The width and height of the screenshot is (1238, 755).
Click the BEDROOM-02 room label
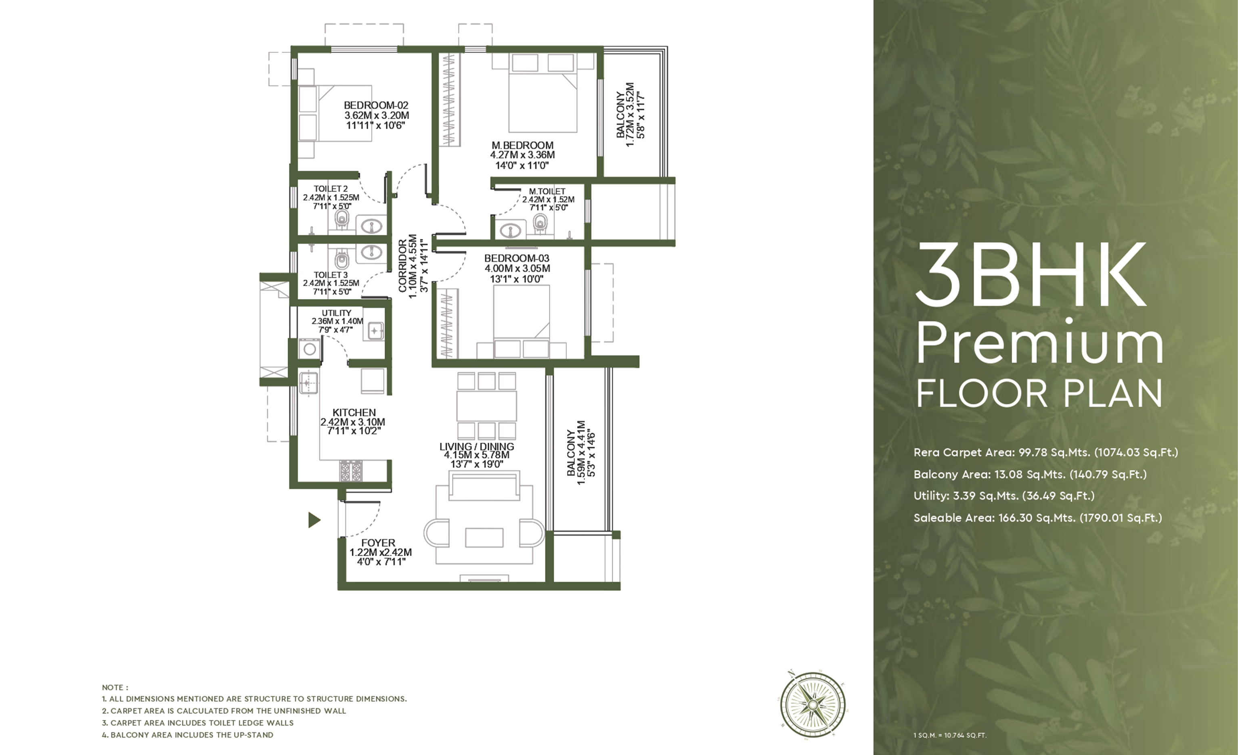click(x=376, y=105)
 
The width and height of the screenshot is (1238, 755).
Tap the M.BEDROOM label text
click(x=523, y=146)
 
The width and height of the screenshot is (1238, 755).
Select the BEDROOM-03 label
click(x=517, y=258)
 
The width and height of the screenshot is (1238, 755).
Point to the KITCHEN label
click(x=354, y=412)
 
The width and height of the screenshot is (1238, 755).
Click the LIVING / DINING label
click(x=477, y=446)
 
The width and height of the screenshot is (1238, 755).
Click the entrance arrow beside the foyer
click(x=314, y=520)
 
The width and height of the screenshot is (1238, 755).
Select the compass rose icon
click(x=813, y=705)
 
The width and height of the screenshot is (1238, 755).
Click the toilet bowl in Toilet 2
click(x=341, y=219)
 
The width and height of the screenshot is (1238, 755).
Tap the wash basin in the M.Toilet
click(x=511, y=230)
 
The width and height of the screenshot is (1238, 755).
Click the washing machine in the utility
click(x=310, y=349)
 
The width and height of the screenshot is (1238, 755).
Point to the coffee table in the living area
click(x=484, y=537)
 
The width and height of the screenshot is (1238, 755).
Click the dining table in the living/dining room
click(x=486, y=406)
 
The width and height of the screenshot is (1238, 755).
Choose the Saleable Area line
click(x=1037, y=518)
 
